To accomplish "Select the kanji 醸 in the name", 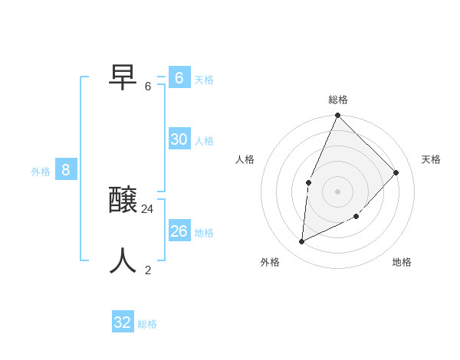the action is coord(123,201).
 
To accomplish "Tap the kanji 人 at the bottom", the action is coord(123,261).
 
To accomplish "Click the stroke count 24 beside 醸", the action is coord(147,208).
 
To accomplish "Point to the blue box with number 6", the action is coord(179,77).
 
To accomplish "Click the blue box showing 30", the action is coord(179,139).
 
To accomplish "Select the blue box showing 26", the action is coord(179,231).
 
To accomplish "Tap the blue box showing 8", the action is coord(66,170).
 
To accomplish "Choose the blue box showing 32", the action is coord(123,322).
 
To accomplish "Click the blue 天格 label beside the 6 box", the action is coord(204,80).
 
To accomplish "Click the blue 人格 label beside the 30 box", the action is coord(204,141).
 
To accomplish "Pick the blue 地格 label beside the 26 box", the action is coord(204,233).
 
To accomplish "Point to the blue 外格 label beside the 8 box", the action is coord(41,172).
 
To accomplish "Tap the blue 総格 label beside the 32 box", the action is coord(147,325).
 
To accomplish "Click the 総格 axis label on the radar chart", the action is coord(337,100).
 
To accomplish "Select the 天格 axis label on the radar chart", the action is coord(431,159).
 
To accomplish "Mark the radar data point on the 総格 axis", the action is coord(337,116).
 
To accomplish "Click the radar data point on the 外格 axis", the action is coord(302,241).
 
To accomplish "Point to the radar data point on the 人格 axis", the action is coord(308,182).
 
